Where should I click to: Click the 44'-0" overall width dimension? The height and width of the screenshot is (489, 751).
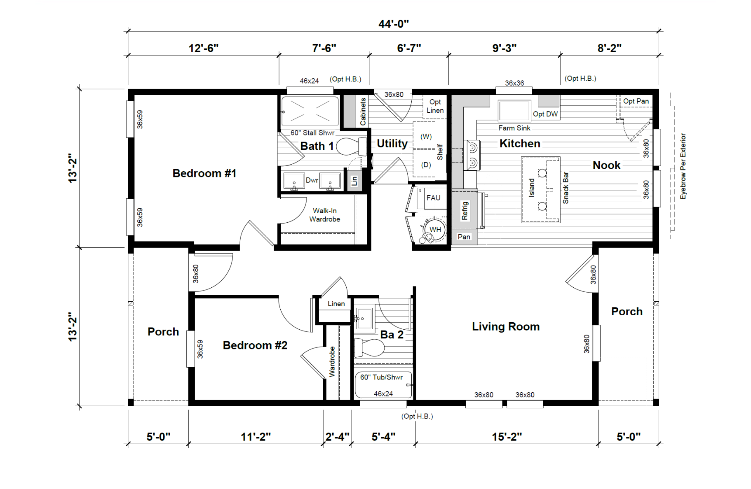pyautogui.click(x=394, y=24)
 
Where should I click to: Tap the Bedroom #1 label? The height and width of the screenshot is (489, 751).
pyautogui.click(x=204, y=173)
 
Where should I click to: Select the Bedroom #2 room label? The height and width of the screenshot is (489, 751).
pyautogui.click(x=255, y=345)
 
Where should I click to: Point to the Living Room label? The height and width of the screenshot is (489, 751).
pyautogui.click(x=506, y=327)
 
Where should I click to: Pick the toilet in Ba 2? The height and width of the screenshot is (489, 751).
pyautogui.click(x=369, y=348)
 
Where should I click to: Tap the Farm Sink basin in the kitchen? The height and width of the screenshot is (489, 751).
pyautogui.click(x=514, y=111)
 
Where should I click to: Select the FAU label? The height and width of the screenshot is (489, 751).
pyautogui.click(x=433, y=198)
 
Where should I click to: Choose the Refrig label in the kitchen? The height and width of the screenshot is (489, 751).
pyautogui.click(x=465, y=210)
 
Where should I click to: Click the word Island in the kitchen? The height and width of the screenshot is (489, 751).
pyautogui.click(x=531, y=188)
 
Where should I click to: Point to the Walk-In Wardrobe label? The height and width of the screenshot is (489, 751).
pyautogui.click(x=325, y=215)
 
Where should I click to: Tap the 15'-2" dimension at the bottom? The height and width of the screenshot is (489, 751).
pyautogui.click(x=507, y=437)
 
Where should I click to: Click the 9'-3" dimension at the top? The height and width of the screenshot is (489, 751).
pyautogui.click(x=505, y=48)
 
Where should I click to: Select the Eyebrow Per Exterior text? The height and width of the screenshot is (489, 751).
pyautogui.click(x=683, y=166)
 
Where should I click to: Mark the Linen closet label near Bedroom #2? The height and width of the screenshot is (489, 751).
pyautogui.click(x=336, y=304)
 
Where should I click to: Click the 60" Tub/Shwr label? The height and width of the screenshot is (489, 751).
pyautogui.click(x=381, y=377)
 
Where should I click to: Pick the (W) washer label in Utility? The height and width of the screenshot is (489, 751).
pyautogui.click(x=426, y=137)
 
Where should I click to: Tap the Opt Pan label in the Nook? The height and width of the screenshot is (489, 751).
pyautogui.click(x=636, y=101)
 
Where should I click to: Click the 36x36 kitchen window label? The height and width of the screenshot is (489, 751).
pyautogui.click(x=514, y=83)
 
